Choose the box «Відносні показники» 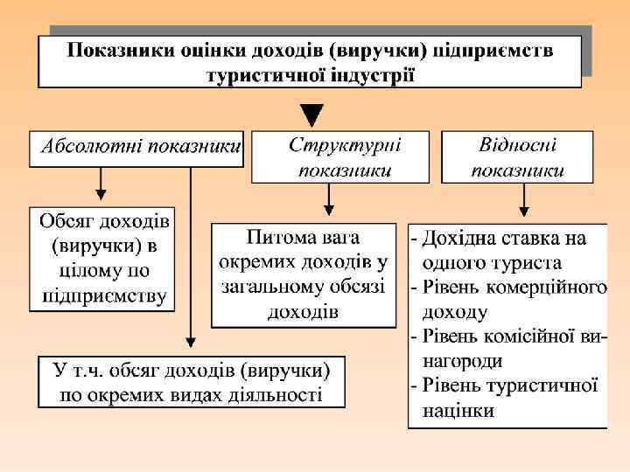click(x=517, y=156)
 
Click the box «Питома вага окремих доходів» click(x=303, y=274)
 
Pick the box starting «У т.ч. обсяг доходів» click(x=191, y=382)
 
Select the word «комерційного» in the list click(x=556, y=287)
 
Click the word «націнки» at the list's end click(x=458, y=409)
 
